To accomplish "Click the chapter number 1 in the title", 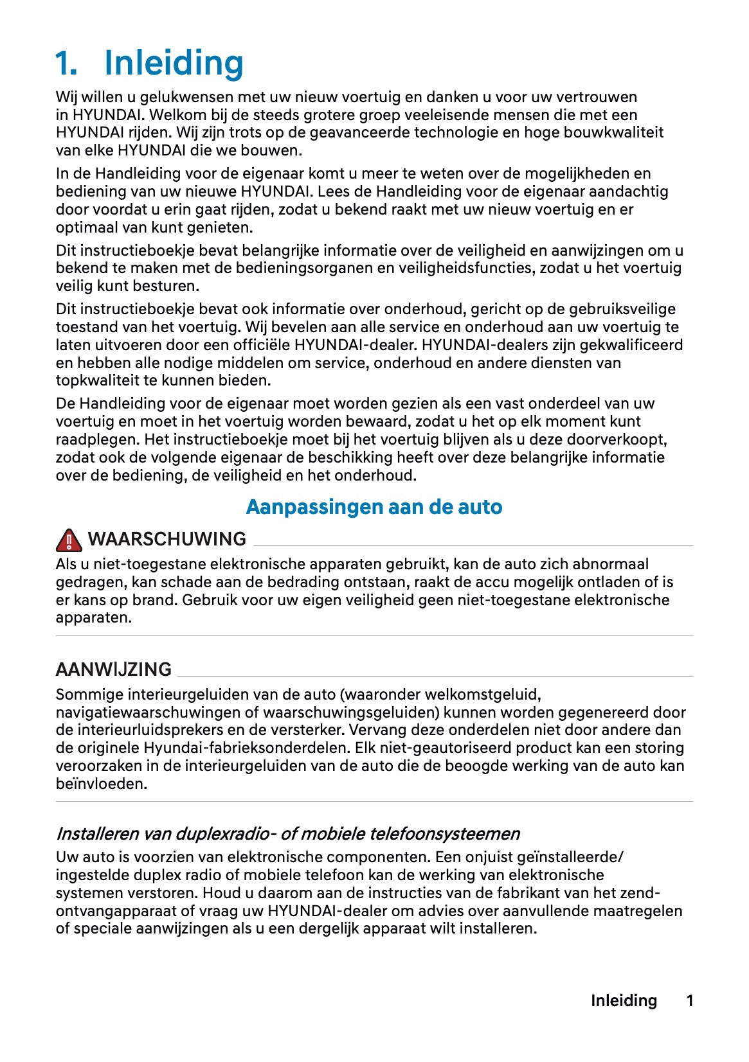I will pyautogui.click(x=66, y=64).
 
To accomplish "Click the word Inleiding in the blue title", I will pyautogui.click(x=174, y=64).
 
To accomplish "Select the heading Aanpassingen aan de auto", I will pyautogui.click(x=374, y=507).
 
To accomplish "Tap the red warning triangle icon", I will pyautogui.click(x=69, y=540).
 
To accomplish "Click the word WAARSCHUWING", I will pyautogui.click(x=167, y=539).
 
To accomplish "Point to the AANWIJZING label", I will pyautogui.click(x=113, y=669).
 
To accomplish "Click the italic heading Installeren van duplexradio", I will pyautogui.click(x=287, y=834).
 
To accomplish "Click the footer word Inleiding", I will pyautogui.click(x=624, y=1000).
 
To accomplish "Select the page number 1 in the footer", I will pyautogui.click(x=690, y=1000).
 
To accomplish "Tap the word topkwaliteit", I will pyautogui.click(x=98, y=380).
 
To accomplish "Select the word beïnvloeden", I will pyautogui.click(x=101, y=784).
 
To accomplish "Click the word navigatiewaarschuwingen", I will pyautogui.click(x=157, y=712).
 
